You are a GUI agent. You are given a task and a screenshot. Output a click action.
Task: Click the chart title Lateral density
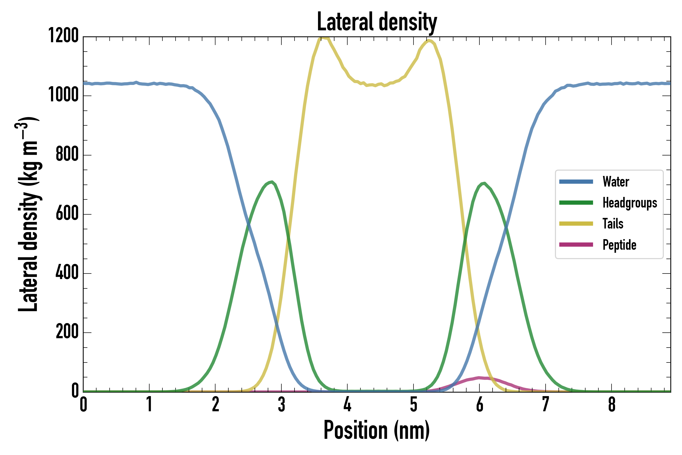point(377,22)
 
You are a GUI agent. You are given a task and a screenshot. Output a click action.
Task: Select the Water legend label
point(616,182)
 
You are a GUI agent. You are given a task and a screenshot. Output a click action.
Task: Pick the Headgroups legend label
point(629,203)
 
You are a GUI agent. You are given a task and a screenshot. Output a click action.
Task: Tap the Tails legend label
point(613,224)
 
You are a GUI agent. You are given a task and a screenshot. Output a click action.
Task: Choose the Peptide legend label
point(619,245)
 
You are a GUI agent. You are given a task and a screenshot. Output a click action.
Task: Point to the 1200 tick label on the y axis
point(63,36)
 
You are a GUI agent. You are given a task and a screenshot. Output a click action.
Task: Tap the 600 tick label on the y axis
point(67,214)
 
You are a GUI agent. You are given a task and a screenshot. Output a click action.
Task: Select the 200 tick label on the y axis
point(67,332)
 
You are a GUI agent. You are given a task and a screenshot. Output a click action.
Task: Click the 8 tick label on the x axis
point(612,404)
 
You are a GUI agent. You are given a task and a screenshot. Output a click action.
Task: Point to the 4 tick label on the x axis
point(347,404)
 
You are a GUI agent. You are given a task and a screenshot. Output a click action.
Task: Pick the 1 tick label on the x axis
point(149,404)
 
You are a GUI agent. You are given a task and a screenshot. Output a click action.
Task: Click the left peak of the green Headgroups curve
point(271,182)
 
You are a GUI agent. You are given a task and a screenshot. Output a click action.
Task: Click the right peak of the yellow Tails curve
point(429,41)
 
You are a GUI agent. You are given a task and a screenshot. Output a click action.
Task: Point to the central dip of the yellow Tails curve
point(376,85)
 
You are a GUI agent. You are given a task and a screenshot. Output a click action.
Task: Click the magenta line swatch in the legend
point(576,245)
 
